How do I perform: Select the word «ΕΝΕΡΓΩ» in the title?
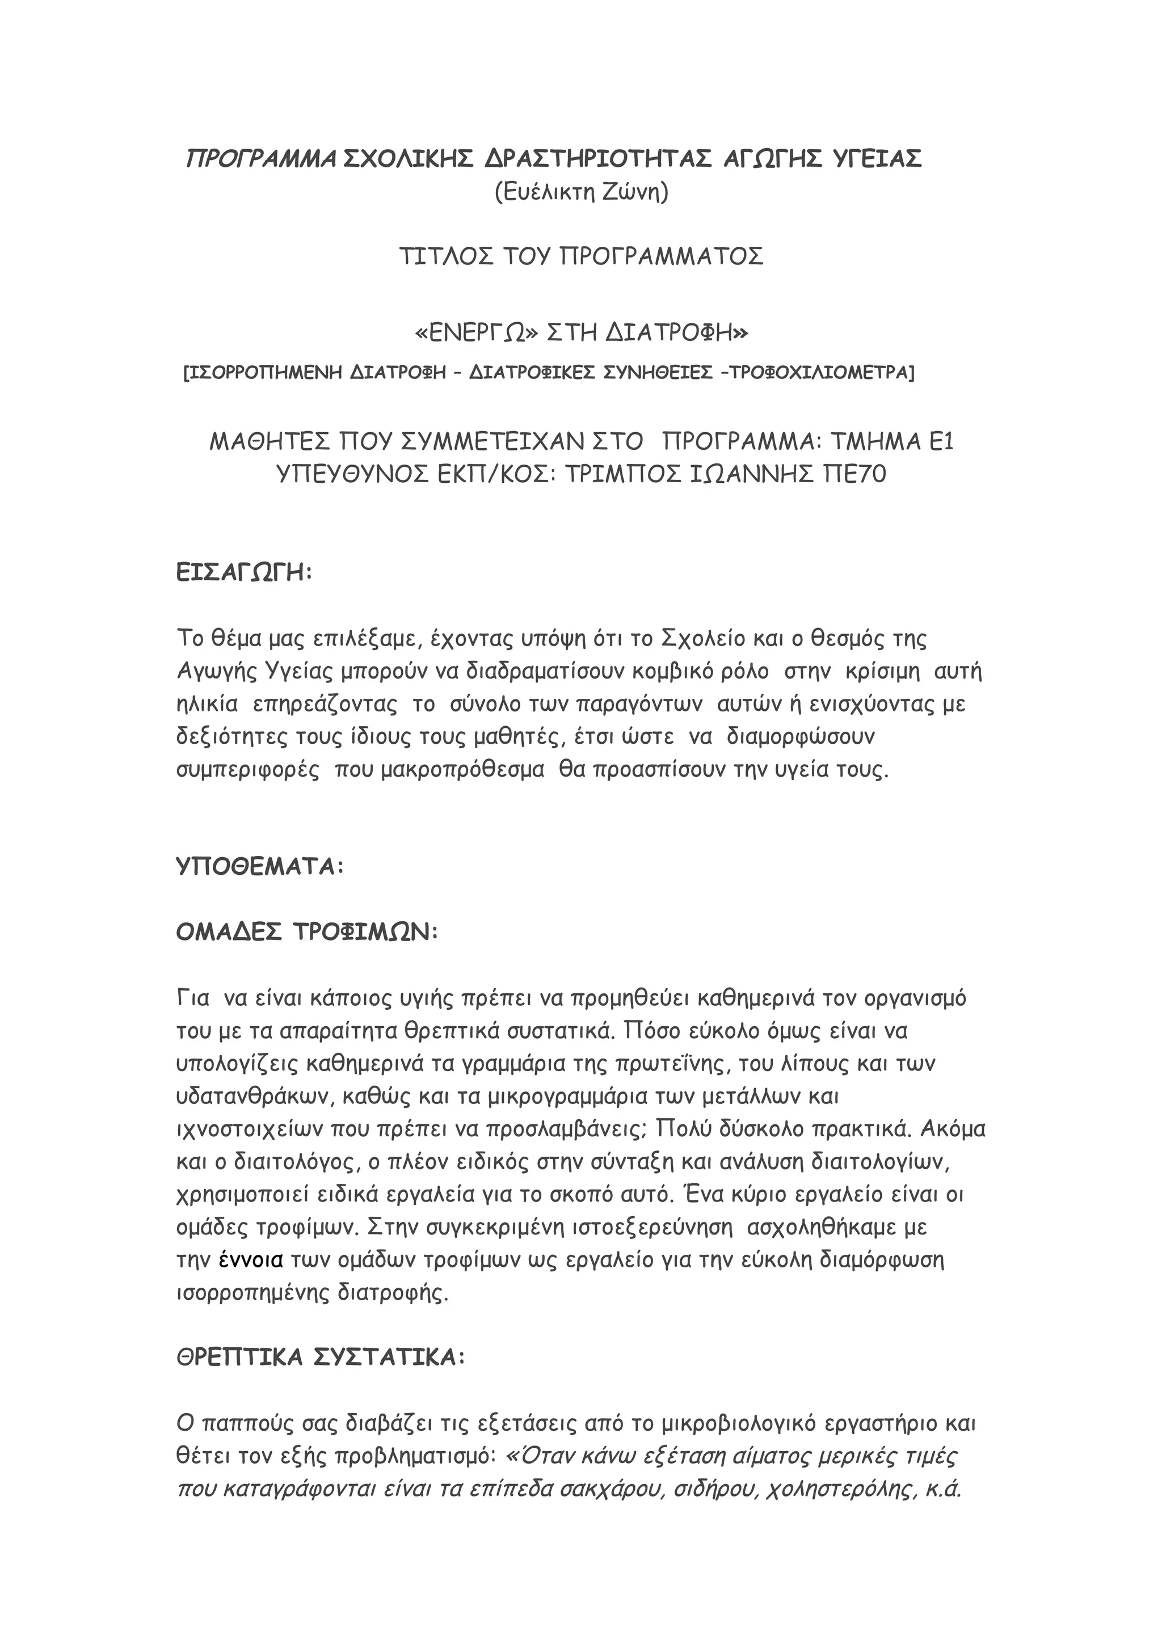coord(477,333)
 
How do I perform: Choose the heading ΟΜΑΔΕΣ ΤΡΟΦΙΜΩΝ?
coord(307,932)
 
